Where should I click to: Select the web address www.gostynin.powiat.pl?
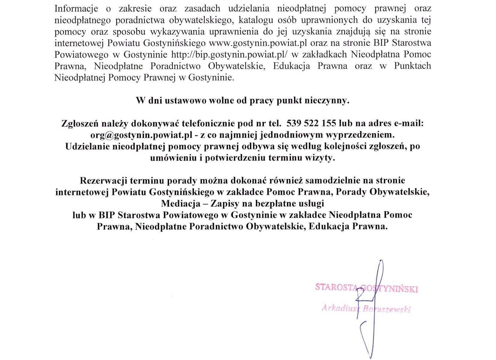258,43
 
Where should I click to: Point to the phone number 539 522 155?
311,123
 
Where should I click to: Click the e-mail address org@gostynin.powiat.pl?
141,135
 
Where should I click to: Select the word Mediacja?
181,204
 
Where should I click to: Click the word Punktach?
412,66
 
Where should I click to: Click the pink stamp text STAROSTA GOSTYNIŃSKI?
366,288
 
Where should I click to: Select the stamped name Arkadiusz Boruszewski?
366,309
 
